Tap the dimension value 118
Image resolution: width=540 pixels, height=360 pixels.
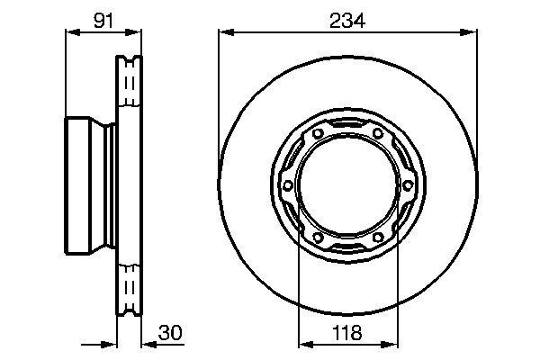347,332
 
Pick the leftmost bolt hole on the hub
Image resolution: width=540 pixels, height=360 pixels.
287,185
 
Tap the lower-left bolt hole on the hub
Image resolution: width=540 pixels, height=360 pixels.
316,238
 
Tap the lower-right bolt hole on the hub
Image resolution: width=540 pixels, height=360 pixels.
378,238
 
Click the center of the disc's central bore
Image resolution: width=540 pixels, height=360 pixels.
347,185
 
